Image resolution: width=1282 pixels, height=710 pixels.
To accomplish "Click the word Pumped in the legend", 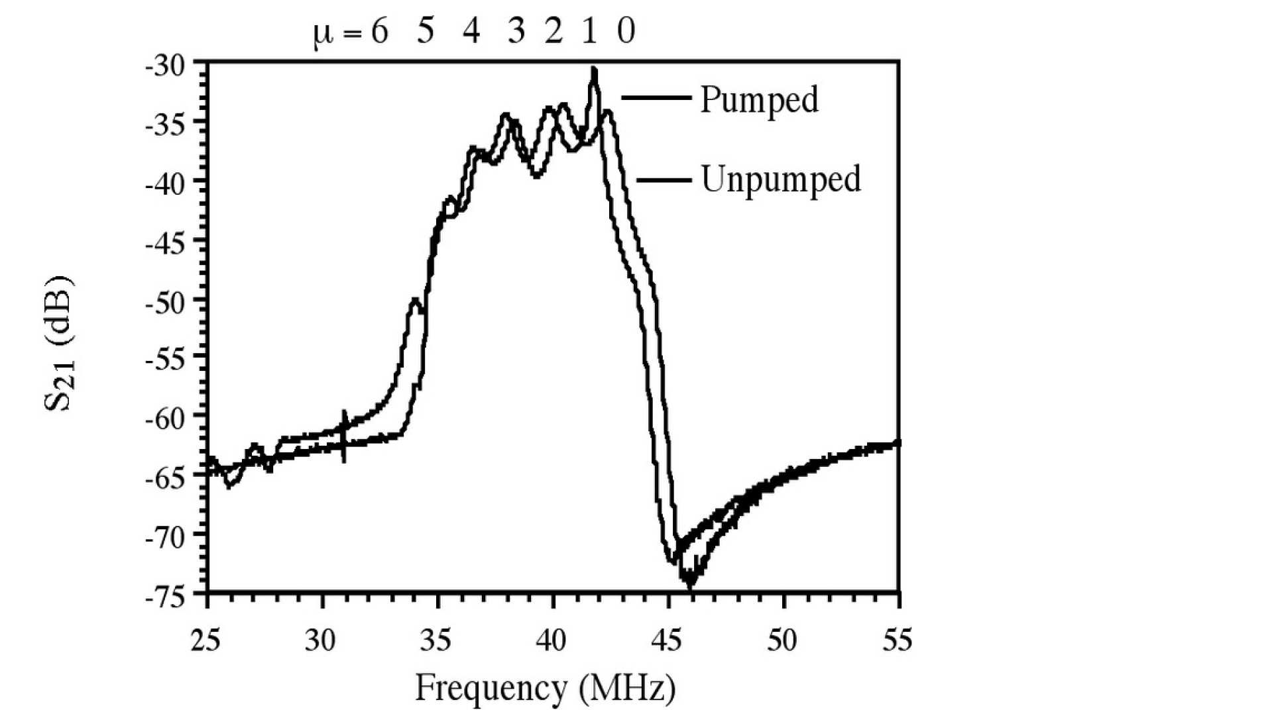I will tap(759, 100).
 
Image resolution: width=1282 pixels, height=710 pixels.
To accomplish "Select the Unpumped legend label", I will tap(780, 179).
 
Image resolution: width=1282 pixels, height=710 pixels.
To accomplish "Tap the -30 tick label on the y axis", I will tap(166, 66).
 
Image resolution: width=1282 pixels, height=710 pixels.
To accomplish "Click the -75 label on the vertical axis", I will tap(166, 597).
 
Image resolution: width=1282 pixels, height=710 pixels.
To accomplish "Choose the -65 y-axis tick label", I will tap(166, 478).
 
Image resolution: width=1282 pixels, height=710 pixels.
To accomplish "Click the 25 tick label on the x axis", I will tap(205, 640).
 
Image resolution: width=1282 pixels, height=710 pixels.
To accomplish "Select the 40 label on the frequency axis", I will tap(551, 640).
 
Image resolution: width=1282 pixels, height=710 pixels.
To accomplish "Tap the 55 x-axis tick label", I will tap(897, 640).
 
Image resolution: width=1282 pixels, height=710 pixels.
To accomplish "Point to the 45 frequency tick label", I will tap(666, 640).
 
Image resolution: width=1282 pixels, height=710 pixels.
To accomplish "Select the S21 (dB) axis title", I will tap(60, 342).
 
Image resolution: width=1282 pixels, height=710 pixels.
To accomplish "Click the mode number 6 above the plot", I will tap(379, 31).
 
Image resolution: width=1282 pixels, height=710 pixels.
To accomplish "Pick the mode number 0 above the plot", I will tap(626, 31).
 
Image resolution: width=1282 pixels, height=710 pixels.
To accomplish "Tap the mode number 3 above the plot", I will tap(516, 31).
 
